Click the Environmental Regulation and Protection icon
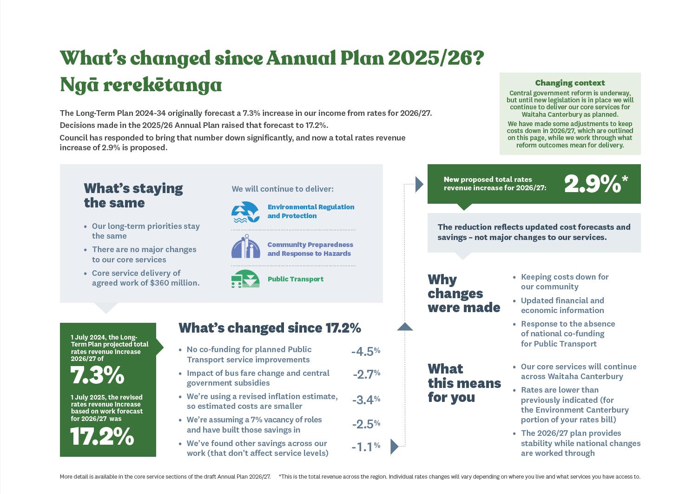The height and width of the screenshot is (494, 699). pyautogui.click(x=245, y=212)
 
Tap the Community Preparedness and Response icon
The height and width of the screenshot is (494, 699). pyautogui.click(x=246, y=247)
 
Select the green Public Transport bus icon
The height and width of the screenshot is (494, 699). pyautogui.click(x=245, y=279)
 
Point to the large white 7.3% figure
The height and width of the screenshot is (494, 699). pyautogui.click(x=97, y=375)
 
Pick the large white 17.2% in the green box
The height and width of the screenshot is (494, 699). pyautogui.click(x=102, y=436)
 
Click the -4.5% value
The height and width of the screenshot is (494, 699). pyautogui.click(x=366, y=352)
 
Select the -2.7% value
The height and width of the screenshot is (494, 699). pyautogui.click(x=366, y=374)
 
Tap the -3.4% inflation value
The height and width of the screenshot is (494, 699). pyautogui.click(x=366, y=400)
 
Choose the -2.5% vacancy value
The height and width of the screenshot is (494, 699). pyautogui.click(x=366, y=424)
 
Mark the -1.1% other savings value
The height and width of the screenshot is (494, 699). pyautogui.click(x=366, y=447)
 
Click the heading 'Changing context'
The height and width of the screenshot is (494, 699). pyautogui.click(x=570, y=83)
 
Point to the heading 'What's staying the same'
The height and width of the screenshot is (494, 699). pyautogui.click(x=133, y=195)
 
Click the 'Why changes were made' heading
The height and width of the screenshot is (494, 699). pyautogui.click(x=463, y=294)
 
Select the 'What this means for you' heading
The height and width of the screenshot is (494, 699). pyautogui.click(x=464, y=383)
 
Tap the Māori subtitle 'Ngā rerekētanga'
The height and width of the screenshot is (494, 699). pyautogui.click(x=141, y=85)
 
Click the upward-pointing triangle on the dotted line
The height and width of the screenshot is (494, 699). pyautogui.click(x=405, y=327)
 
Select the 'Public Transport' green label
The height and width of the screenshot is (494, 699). pyautogui.click(x=296, y=279)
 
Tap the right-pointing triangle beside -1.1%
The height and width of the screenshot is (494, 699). pyautogui.click(x=394, y=447)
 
